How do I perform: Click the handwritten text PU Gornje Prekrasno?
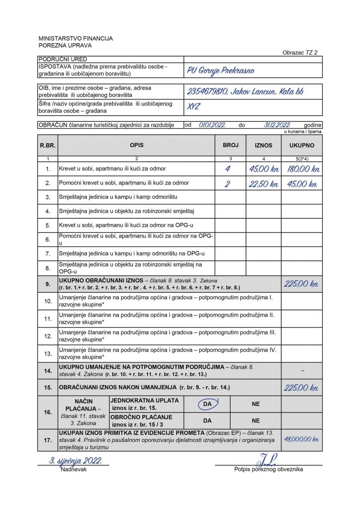coord(220,71)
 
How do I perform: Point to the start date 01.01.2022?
coord(212,125)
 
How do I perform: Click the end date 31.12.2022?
coord(276,125)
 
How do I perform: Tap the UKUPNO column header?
coord(301,145)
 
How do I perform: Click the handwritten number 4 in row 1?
coord(228,169)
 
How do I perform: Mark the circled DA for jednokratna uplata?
coord(207,404)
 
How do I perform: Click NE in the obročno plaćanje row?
coord(256,420)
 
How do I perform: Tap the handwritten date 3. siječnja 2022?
coord(75,461)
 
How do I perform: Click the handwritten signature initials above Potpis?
coord(269,459)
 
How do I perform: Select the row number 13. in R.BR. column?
coord(48,353)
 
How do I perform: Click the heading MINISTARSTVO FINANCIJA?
coord(76,38)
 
